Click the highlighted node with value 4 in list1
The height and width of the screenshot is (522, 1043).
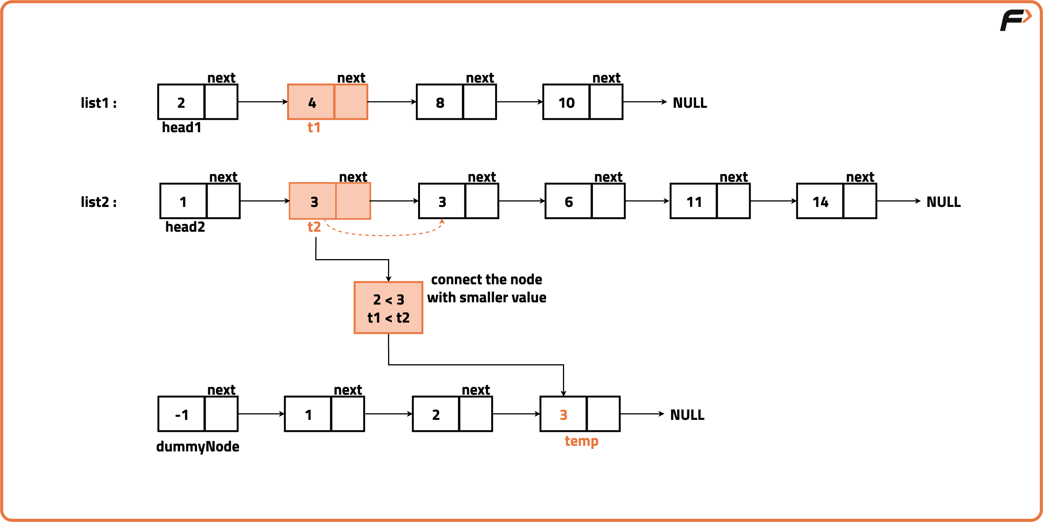pyautogui.click(x=327, y=102)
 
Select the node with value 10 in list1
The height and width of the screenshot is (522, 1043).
pyautogui.click(x=582, y=102)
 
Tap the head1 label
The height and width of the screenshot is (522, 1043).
pyautogui.click(x=181, y=128)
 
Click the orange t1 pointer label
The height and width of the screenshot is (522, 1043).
pyautogui.click(x=314, y=128)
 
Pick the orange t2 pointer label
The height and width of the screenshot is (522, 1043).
pyautogui.click(x=314, y=227)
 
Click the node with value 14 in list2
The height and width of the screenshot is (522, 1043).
pyautogui.click(x=836, y=201)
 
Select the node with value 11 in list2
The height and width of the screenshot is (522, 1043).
pyautogui.click(x=710, y=201)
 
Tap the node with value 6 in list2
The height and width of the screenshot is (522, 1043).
pyautogui.click(x=585, y=201)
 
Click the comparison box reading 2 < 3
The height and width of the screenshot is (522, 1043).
pyautogui.click(x=388, y=308)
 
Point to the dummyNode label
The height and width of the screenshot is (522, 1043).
pyautogui.click(x=197, y=447)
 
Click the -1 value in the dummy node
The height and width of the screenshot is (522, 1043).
pyautogui.click(x=182, y=415)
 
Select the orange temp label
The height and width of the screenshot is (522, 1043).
pyautogui.click(x=581, y=441)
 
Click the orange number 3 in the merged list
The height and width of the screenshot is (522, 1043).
pyautogui.click(x=563, y=415)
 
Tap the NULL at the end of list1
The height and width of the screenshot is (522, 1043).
pyautogui.click(x=689, y=103)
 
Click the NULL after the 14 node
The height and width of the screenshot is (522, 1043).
pyautogui.click(x=944, y=202)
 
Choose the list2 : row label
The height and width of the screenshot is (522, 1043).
pyautogui.click(x=98, y=202)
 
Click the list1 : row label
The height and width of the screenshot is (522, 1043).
pyautogui.click(x=98, y=103)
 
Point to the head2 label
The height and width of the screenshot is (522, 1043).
pyautogui.click(x=185, y=227)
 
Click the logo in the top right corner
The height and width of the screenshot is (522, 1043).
pyautogui.click(x=1016, y=20)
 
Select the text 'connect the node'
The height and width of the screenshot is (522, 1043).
pyautogui.click(x=486, y=280)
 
